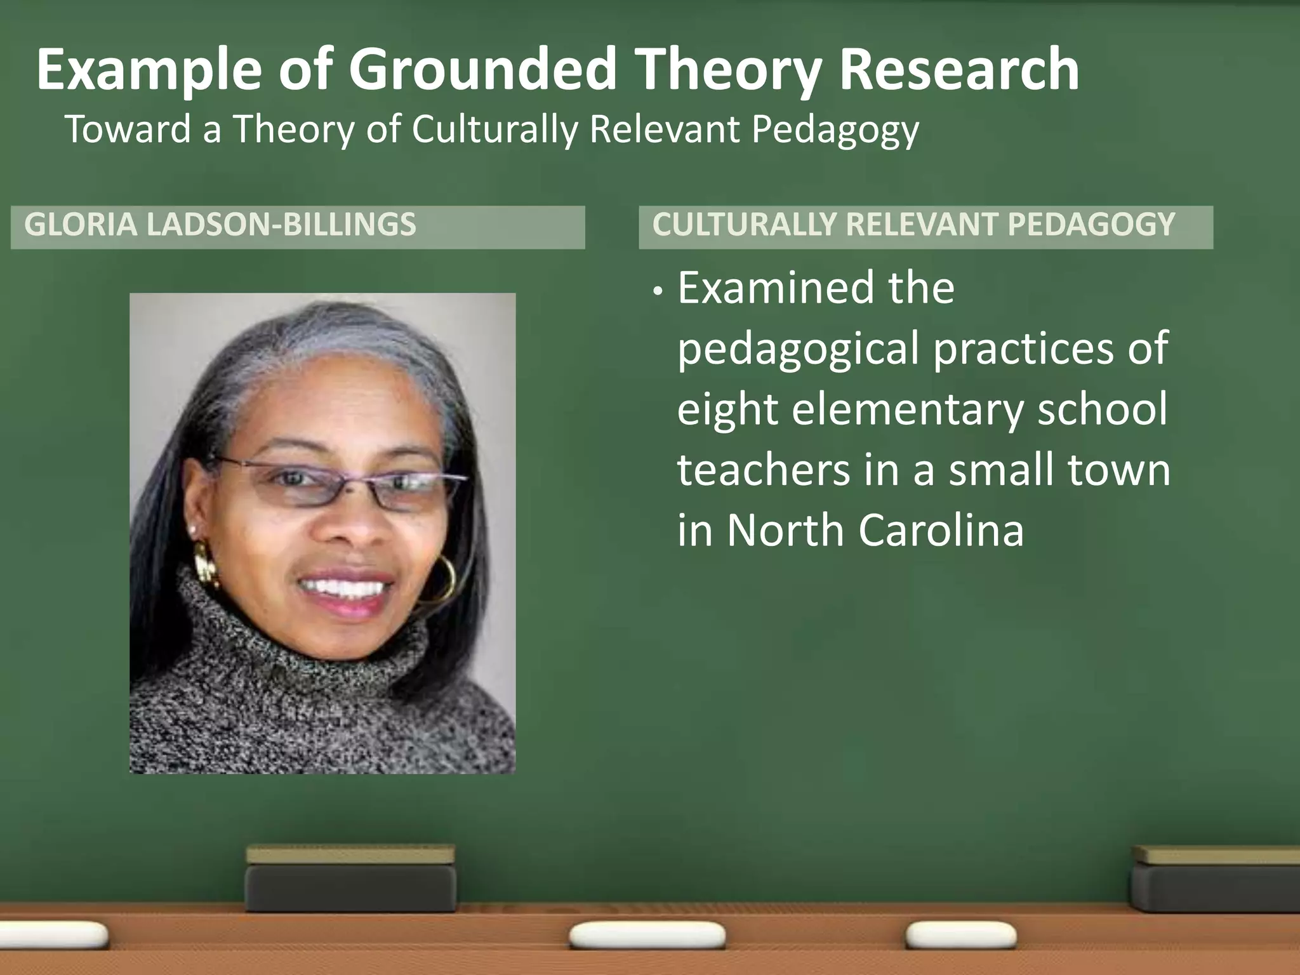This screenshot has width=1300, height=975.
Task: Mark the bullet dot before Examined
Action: click(x=659, y=292)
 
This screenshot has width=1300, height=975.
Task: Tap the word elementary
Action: click(x=908, y=410)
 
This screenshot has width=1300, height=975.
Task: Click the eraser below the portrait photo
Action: click(x=350, y=879)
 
